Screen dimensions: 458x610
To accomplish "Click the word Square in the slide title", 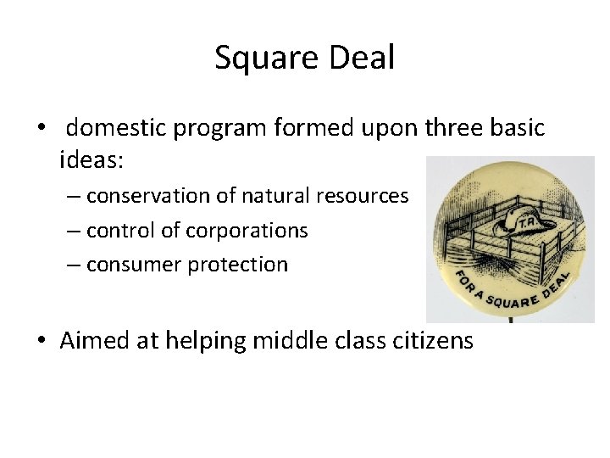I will (x=259, y=59).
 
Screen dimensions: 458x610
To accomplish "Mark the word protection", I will (x=237, y=265).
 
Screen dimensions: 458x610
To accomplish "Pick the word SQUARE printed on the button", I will (x=510, y=299).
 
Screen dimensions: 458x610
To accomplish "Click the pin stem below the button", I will (x=510, y=320).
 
